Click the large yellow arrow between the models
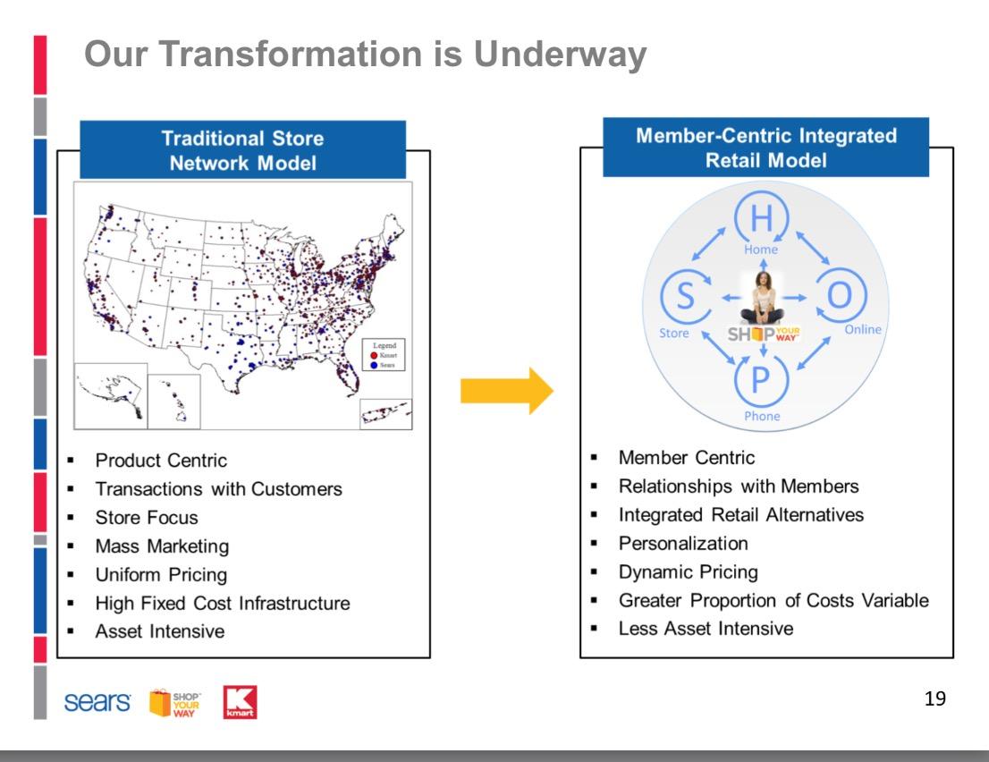[506, 391]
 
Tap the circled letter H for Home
[761, 217]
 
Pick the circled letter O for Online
[840, 294]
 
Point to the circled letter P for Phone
[761, 380]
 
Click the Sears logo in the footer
[97, 702]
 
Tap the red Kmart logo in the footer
[240, 702]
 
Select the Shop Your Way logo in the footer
[174, 703]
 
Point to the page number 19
[934, 698]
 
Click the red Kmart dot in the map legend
[374, 355]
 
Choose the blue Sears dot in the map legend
[374, 365]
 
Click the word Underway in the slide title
[560, 54]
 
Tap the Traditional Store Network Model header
[243, 150]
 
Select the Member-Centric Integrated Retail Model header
[765, 147]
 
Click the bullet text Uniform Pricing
[161, 575]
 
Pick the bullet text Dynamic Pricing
[689, 571]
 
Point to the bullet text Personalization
[683, 543]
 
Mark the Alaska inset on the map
[111, 396]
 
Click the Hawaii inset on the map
[174, 402]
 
